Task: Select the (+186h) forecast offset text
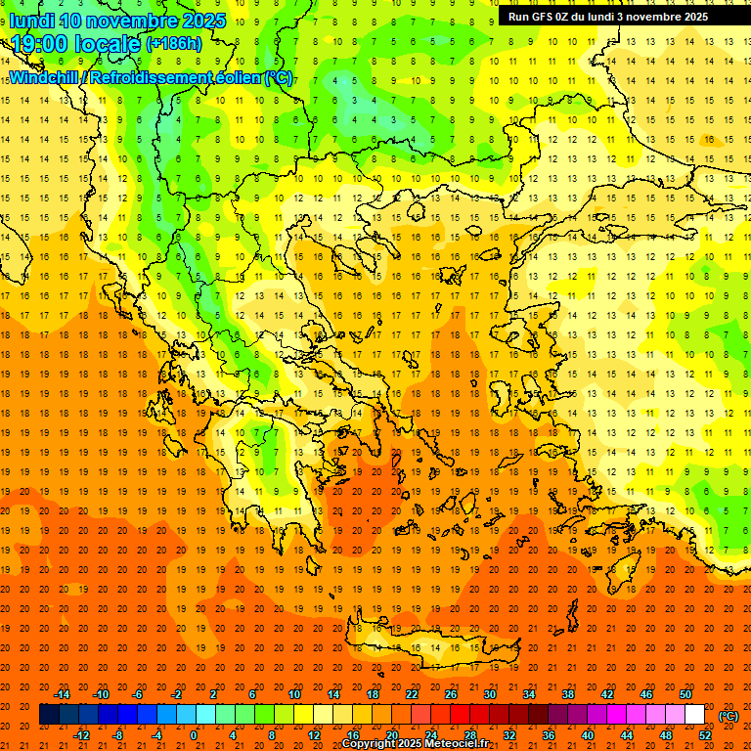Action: pos(174,43)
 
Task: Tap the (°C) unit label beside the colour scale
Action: pos(728,716)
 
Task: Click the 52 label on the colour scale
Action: pos(705,735)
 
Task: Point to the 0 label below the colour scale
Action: pos(194,735)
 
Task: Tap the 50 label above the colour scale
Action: pos(685,694)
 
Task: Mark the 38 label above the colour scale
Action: pos(568,694)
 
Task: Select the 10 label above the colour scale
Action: pos(294,694)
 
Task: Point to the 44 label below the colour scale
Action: pos(627,735)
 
